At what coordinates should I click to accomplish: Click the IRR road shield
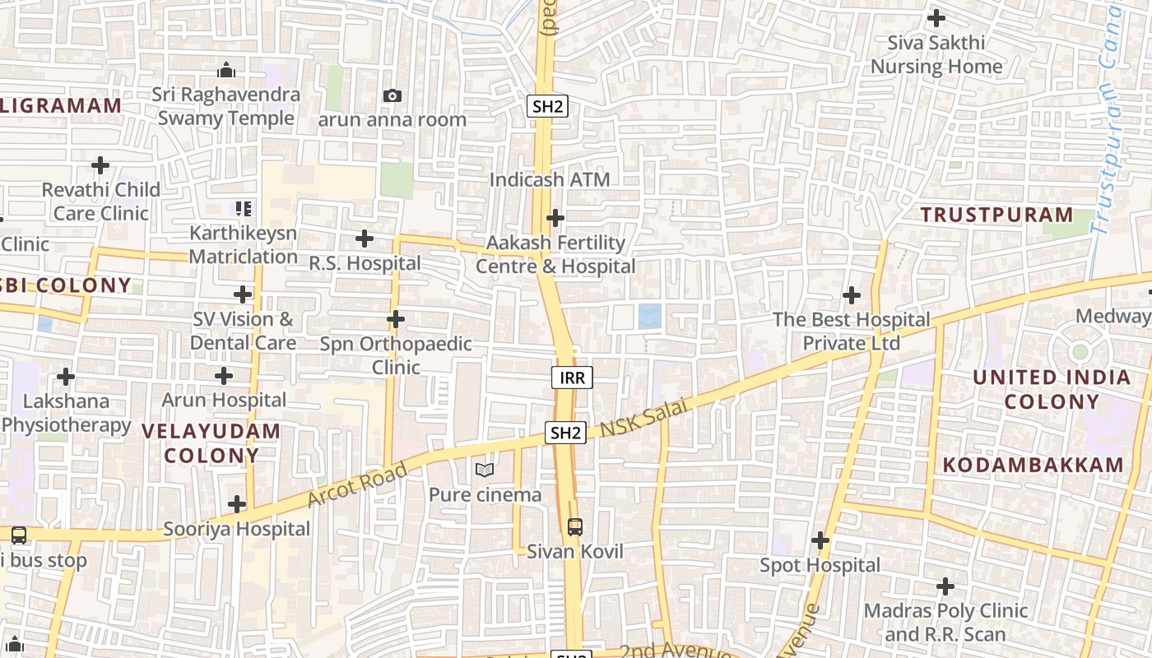[x=572, y=378]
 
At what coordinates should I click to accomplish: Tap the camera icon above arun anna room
[x=393, y=95]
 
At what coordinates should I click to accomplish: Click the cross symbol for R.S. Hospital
[x=364, y=239]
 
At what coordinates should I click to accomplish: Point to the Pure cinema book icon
[x=485, y=470]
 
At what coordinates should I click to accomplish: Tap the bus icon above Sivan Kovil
[x=574, y=526]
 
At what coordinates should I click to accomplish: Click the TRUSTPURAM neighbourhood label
[x=996, y=215]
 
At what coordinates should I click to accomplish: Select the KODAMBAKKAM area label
[x=1033, y=465]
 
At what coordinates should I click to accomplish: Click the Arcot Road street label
[x=358, y=484]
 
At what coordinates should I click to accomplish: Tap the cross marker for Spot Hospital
[x=820, y=540]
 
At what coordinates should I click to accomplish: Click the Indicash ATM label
[x=550, y=179]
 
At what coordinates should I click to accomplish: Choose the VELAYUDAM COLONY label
[x=211, y=443]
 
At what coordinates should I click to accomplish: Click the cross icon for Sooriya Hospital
[x=237, y=503]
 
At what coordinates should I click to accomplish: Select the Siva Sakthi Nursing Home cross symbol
[x=936, y=17]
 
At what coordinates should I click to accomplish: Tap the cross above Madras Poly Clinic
[x=945, y=586]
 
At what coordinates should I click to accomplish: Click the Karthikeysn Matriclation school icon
[x=243, y=209]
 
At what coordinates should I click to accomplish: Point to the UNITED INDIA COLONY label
[x=1052, y=389]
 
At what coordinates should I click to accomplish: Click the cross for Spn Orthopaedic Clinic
[x=396, y=318]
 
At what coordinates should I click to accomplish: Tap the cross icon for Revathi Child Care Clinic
[x=100, y=165]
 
